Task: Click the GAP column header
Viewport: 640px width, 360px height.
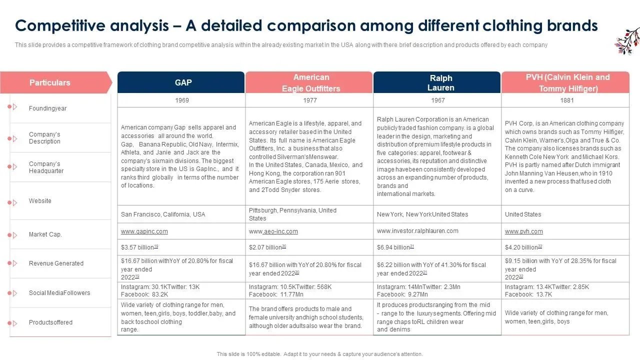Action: point(183,82)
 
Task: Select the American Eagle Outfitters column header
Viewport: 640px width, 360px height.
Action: point(310,83)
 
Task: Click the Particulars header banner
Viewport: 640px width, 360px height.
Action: point(50,82)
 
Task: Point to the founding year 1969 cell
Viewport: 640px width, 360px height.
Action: point(182,100)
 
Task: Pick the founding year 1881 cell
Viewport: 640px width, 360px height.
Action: point(567,100)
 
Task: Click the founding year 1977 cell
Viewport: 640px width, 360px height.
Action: point(310,100)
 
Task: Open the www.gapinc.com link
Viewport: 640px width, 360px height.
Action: point(144,231)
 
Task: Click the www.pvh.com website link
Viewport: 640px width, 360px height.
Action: point(523,231)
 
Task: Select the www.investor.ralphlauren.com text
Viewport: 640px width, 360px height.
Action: point(417,231)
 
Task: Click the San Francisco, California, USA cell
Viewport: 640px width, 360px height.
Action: point(163,214)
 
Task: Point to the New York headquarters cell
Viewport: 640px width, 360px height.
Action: point(422,214)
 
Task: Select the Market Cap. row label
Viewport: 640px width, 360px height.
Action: point(45,234)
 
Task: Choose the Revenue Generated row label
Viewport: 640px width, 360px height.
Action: point(56,263)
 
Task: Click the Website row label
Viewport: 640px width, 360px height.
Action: point(40,201)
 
